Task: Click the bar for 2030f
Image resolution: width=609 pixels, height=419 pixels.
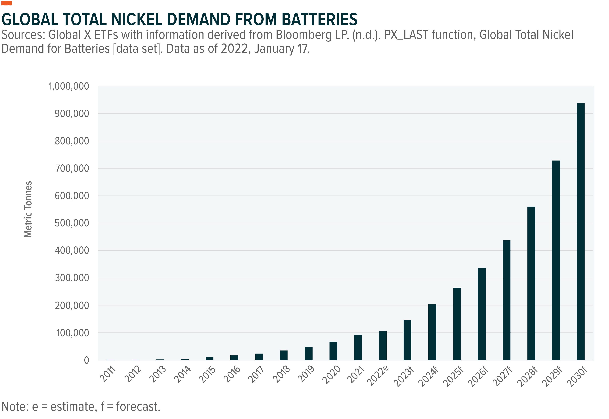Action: [x=581, y=231]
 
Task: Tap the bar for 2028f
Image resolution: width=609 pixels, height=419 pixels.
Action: [x=531, y=283]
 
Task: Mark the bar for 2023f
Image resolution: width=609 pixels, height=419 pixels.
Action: [x=407, y=340]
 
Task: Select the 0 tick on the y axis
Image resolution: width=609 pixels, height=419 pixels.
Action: [x=87, y=360]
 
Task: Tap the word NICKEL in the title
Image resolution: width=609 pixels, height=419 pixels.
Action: [x=136, y=19]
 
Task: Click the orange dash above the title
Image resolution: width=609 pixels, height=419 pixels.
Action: [x=7, y=3]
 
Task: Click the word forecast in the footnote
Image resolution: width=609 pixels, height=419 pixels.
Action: [x=138, y=407]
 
